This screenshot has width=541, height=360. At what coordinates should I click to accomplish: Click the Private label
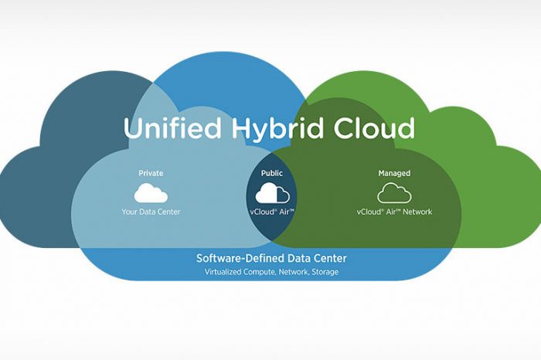click(x=151, y=173)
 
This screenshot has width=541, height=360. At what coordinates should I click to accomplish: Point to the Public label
click(x=272, y=173)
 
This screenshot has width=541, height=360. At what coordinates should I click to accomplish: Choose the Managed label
click(x=394, y=173)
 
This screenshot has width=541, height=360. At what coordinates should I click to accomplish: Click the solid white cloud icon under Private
click(x=151, y=193)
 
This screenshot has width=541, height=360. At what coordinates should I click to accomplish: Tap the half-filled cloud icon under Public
click(x=272, y=193)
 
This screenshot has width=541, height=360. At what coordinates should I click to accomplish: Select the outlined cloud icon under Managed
click(x=394, y=193)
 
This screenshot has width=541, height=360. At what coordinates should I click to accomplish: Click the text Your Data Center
click(x=151, y=212)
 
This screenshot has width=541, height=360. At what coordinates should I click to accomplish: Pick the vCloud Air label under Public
click(x=272, y=212)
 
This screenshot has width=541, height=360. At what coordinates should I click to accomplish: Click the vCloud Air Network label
click(x=394, y=212)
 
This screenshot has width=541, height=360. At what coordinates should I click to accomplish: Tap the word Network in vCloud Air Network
click(x=417, y=212)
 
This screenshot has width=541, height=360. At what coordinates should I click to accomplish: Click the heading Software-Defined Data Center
click(x=271, y=258)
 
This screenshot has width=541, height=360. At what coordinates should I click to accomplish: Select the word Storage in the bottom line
click(x=324, y=272)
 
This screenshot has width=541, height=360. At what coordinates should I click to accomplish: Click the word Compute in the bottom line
click(x=263, y=272)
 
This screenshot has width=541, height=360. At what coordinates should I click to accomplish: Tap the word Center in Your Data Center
click(x=168, y=212)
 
